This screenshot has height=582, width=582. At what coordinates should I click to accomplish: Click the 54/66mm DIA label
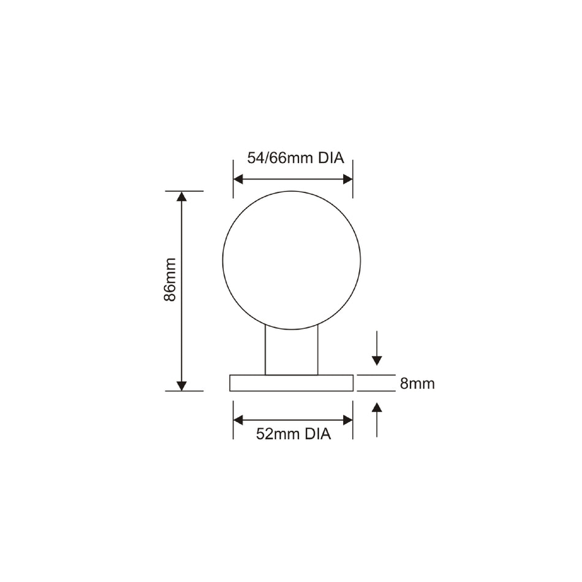(x=295, y=158)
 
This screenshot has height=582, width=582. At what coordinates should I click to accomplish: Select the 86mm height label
(x=170, y=279)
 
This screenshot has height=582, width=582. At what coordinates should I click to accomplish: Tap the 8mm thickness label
(x=417, y=384)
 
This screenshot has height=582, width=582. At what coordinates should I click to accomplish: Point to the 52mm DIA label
(x=293, y=434)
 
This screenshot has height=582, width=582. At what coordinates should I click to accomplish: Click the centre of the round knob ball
(x=292, y=260)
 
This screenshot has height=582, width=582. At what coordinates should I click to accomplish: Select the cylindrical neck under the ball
(x=292, y=351)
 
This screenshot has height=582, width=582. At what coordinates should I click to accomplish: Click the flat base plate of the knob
(x=292, y=383)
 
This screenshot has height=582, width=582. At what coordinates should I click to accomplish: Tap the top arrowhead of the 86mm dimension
(x=181, y=197)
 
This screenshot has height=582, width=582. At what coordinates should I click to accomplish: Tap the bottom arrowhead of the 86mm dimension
(x=181, y=385)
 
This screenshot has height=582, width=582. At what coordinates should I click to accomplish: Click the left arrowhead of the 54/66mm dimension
(x=238, y=180)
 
